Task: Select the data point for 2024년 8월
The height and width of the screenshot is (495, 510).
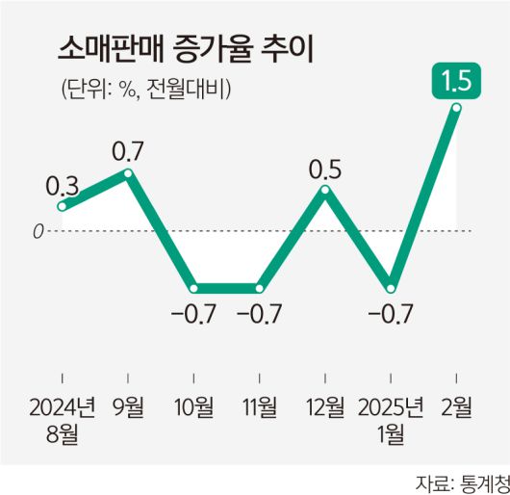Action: point(63,205)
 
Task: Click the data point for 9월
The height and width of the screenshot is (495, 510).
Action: point(128,173)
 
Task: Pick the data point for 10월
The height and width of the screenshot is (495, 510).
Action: point(194,288)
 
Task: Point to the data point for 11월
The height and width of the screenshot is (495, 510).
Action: point(260,288)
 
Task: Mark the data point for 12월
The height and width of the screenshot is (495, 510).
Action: point(325,190)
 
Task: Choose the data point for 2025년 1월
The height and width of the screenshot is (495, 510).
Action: point(391,288)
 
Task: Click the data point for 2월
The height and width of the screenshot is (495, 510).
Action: point(456,108)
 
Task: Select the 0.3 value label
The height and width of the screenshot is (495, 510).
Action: point(62,184)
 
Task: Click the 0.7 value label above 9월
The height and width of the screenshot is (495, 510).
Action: point(128,150)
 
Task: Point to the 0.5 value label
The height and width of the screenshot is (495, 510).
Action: point(325,169)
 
